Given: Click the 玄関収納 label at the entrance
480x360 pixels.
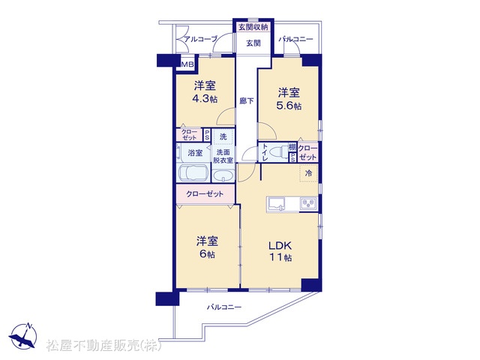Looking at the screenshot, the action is tap(253, 27).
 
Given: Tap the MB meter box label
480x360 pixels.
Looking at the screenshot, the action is tap(187, 64).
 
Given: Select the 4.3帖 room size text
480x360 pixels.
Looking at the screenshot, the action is tap(205, 99).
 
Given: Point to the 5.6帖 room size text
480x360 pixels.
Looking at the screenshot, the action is tap(289, 106).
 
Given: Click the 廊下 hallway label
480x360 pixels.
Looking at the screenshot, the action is tap(247, 100).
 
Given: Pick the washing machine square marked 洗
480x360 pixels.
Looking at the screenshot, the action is tap(223, 136).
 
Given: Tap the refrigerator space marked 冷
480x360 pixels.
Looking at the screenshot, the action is tap(308, 173).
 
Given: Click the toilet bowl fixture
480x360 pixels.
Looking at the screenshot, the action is tap(280, 151).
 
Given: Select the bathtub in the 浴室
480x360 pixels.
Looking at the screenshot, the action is tap(193, 174).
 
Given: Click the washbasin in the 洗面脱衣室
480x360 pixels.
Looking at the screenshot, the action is tap(223, 176).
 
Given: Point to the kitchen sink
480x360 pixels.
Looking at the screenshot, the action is tap(277, 204).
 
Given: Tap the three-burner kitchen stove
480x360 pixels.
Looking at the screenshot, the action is tap(309, 204).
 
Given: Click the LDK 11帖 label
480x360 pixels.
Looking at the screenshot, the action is tap(280, 251).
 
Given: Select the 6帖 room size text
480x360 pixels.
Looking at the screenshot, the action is tap(207, 254).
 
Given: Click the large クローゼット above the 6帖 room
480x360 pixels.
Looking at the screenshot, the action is tap(205, 193).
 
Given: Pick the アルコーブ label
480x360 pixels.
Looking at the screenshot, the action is tap(200, 39).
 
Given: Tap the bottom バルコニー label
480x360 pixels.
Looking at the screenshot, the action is tap(224, 307).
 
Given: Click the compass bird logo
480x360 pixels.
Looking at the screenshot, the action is tap(23, 336).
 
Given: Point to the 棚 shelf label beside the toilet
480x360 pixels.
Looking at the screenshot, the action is tap(292, 147).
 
